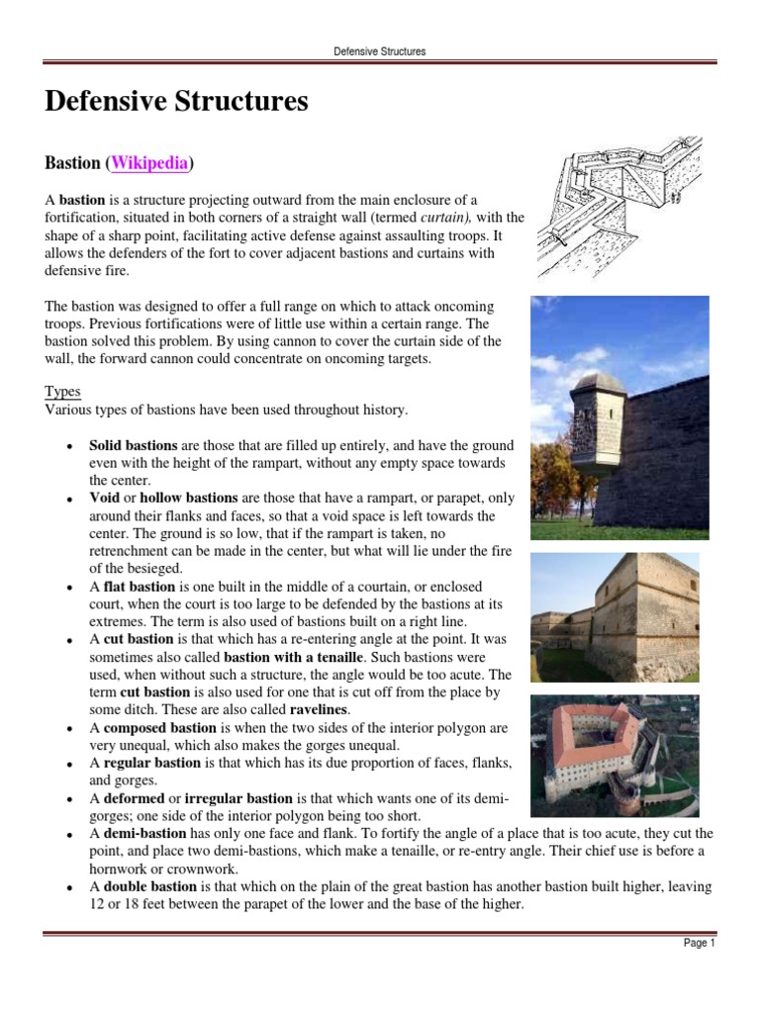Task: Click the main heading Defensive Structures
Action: [176, 101]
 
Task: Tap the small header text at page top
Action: [379, 50]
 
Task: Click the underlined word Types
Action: [63, 392]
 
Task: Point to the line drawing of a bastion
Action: [619, 208]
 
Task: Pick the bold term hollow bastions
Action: [189, 498]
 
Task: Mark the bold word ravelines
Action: [321, 709]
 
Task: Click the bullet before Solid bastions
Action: [65, 447]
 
